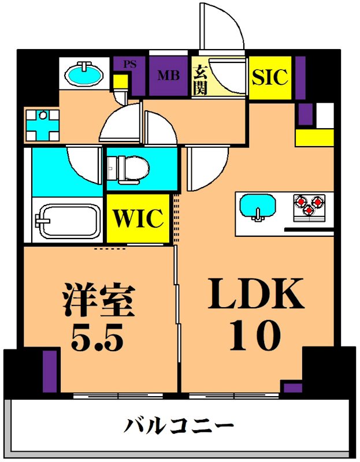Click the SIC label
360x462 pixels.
270,77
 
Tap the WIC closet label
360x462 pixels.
139,218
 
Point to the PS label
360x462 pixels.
130,64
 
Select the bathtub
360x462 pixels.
66,220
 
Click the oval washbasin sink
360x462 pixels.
84,74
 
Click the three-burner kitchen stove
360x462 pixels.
309,206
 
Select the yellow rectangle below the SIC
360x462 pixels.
314,137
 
